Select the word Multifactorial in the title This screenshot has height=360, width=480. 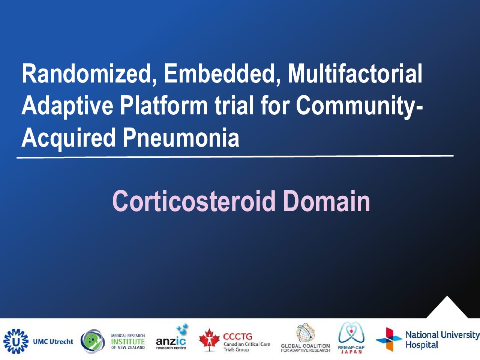coord(355,73)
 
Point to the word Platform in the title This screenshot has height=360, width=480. coord(164,106)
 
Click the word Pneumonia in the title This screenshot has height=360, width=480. coord(181,138)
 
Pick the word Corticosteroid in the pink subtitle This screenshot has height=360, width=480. coord(194,201)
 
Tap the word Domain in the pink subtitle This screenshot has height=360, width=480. coord(327,201)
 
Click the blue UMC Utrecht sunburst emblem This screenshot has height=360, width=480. coord(16,341)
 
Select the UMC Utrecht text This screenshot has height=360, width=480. coord(53,341)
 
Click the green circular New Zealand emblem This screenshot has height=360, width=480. coord(93,341)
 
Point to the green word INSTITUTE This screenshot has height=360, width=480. coord(128,341)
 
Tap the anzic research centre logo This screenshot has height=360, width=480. coord(172,338)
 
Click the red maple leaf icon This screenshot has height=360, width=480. coord(209,340)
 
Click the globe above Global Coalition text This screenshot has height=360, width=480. coord(306,333)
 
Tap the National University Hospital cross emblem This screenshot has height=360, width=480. coord(389,339)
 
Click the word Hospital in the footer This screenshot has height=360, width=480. coord(422,345)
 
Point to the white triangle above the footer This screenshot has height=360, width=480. coord(447,308)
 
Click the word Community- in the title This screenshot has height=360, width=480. coord(360,106)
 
